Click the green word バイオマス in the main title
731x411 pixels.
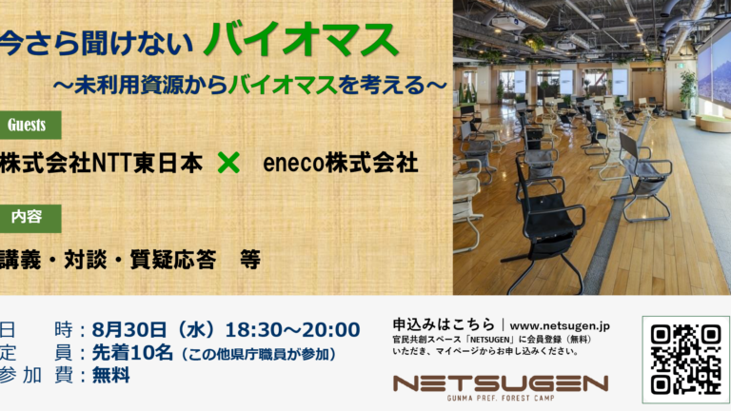(301, 40)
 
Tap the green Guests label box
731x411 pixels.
(30, 125)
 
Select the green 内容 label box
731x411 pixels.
(30, 218)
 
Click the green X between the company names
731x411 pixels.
(228, 163)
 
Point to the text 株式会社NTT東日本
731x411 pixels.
(101, 163)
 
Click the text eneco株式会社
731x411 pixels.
(341, 163)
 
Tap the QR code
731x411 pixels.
(685, 360)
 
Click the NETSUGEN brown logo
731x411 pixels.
(501, 383)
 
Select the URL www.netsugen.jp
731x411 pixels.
(560, 325)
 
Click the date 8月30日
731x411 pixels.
(129, 330)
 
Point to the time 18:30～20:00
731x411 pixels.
(293, 330)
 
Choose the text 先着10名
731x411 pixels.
(132, 353)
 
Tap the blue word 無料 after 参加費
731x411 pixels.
(111, 375)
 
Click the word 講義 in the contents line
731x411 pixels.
(21, 260)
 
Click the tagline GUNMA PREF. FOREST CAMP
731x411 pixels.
(501, 398)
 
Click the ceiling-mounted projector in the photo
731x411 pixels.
(507, 22)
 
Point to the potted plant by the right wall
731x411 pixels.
(686, 93)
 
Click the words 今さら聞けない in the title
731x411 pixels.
(96, 44)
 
